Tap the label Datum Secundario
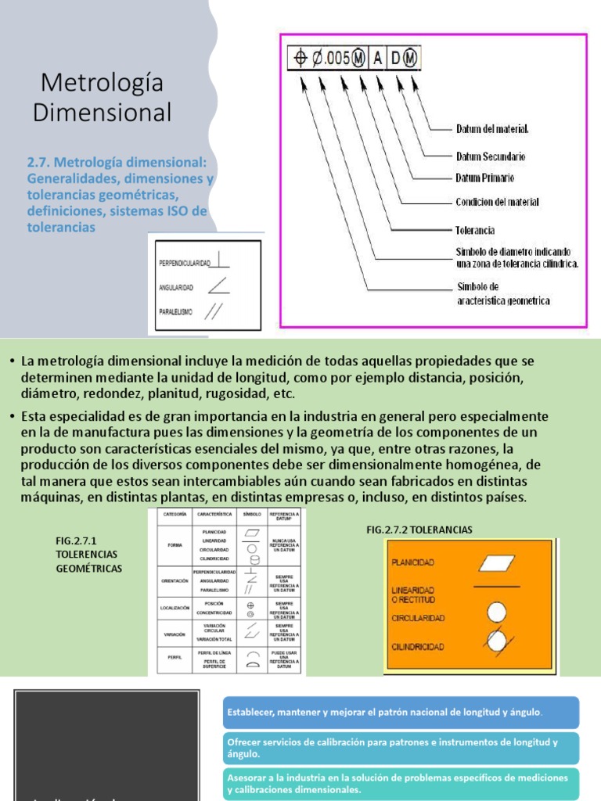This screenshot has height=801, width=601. [491, 156]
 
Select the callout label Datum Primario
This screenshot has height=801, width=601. [485, 178]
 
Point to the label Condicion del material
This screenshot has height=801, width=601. [497, 202]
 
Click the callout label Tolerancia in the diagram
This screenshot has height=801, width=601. [475, 231]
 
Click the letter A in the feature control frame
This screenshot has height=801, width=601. [377, 59]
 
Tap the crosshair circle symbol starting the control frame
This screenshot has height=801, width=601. [300, 59]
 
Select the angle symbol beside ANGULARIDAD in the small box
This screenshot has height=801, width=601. [221, 287]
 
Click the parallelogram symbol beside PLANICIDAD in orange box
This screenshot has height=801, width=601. [495, 562]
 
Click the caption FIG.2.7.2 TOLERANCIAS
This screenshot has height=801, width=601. [419, 530]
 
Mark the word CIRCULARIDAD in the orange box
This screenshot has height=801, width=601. [419, 618]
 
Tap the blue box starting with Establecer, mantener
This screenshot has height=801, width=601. [401, 713]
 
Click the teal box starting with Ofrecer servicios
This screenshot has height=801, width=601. [401, 748]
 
